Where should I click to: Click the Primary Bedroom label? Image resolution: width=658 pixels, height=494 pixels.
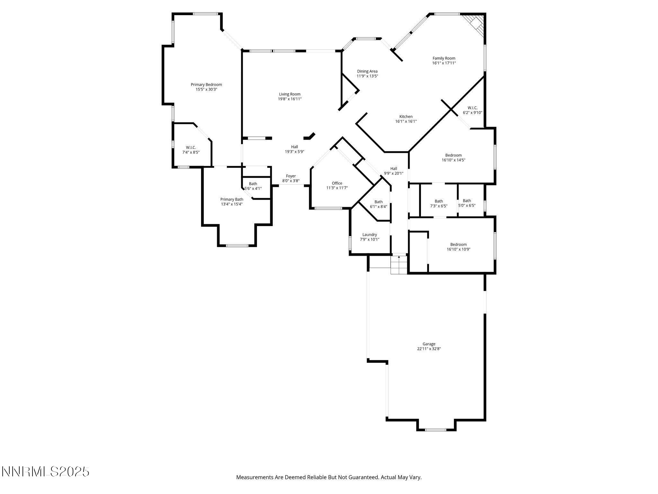click(206, 85)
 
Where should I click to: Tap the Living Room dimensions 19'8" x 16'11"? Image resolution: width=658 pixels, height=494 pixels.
click(289, 99)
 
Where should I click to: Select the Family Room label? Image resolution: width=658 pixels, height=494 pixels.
click(444, 58)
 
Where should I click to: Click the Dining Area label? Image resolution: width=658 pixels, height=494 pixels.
click(367, 71)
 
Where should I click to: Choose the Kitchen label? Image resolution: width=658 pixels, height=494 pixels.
click(406, 116)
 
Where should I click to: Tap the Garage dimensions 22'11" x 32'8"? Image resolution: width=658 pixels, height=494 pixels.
click(429, 349)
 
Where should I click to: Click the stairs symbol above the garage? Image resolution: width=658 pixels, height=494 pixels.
click(399, 264)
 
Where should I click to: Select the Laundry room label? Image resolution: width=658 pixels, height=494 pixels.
click(369, 234)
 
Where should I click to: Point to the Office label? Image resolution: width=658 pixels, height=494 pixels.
click(337, 183)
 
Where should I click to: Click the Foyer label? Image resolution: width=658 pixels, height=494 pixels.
click(291, 176)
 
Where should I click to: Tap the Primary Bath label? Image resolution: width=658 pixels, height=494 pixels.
click(232, 199)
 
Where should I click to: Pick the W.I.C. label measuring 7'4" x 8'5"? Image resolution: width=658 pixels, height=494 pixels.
click(191, 147)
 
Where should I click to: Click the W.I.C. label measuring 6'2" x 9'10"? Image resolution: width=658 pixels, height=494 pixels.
click(472, 108)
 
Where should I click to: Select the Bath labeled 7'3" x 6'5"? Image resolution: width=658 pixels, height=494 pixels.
click(439, 201)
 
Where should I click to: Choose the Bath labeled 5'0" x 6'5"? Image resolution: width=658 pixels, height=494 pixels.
click(467, 201)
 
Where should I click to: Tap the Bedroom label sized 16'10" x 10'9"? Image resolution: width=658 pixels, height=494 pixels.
click(458, 244)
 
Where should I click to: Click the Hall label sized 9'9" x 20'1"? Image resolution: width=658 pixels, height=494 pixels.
click(394, 169)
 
